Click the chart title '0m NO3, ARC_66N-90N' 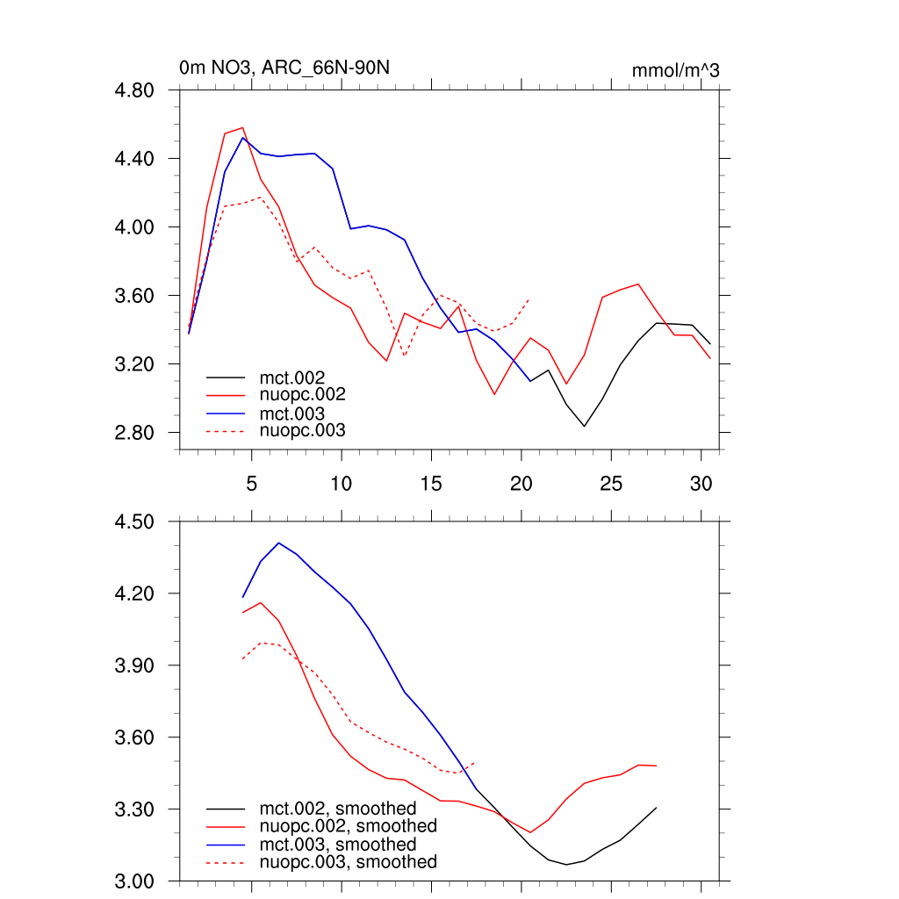tap(291, 68)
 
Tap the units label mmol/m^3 tap(675, 70)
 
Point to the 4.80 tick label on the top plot tap(136, 90)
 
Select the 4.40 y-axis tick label tap(136, 159)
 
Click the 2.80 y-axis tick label tap(136, 433)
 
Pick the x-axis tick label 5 tap(251, 483)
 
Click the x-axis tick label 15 tap(431, 483)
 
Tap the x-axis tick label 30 tap(701, 483)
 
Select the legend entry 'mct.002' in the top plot tap(298, 378)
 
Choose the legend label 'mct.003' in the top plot tap(298, 413)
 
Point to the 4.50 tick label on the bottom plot tap(136, 522)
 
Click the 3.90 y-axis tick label tap(136, 665)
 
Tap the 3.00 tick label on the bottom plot tap(136, 881)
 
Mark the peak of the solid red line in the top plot tap(242, 127)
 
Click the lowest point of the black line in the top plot tap(584, 427)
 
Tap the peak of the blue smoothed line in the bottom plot tap(278, 543)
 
